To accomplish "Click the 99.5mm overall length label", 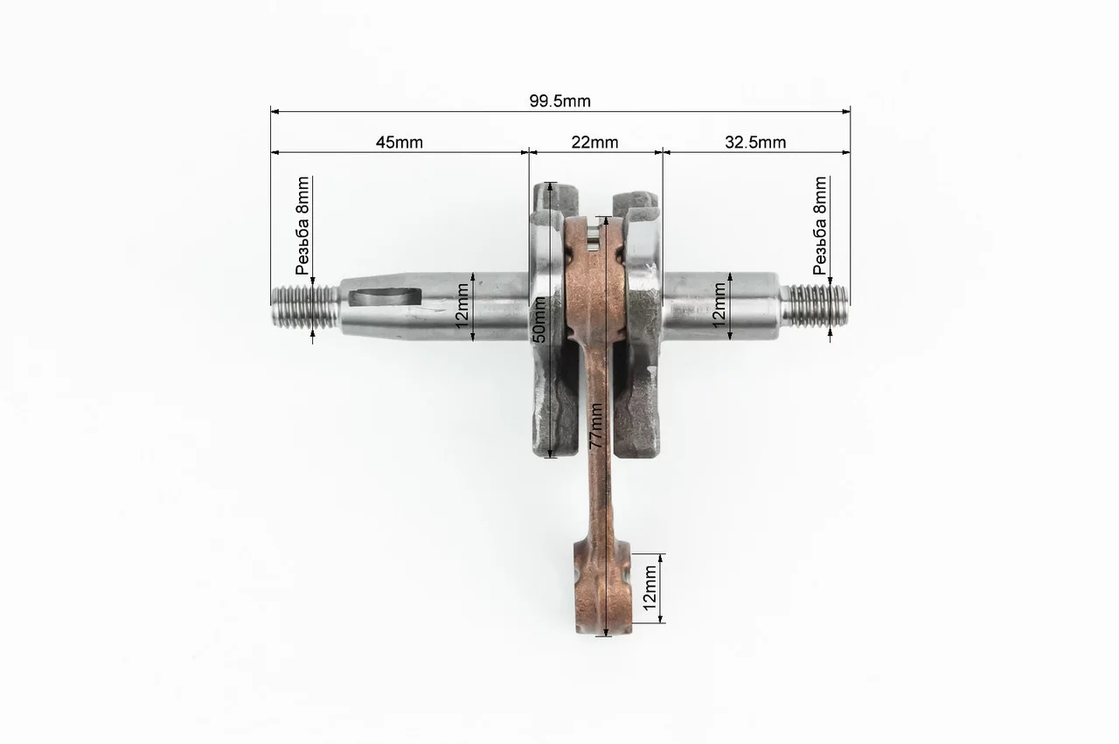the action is pos(560,101).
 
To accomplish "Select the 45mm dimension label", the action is pos(400,143).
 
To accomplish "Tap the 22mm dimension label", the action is pos(594,143).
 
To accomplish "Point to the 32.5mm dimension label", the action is pos(755,143).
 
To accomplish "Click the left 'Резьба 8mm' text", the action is pos(302,226).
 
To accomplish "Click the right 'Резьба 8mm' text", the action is pos(820,226).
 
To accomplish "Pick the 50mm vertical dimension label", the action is pos(539,320).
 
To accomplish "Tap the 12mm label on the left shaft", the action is pos(462,306).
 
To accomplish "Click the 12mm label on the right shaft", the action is pos(719,305).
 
